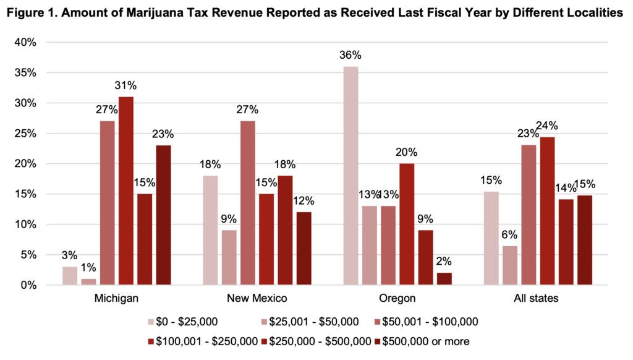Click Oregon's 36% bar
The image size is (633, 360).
(350, 176)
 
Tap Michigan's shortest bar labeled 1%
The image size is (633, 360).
(89, 281)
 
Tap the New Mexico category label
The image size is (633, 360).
(257, 299)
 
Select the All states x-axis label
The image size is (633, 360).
(536, 299)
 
